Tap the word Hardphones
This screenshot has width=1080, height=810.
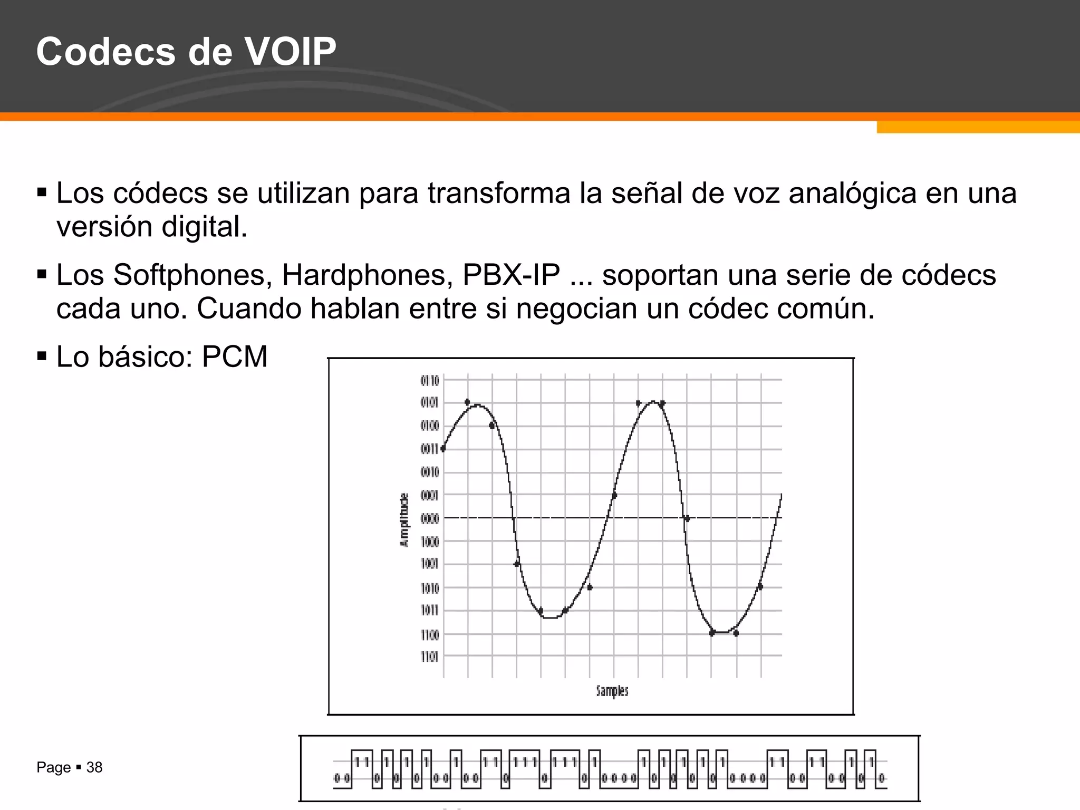(367, 275)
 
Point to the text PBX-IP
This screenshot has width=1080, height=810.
(511, 275)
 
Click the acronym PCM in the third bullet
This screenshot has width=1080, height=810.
(235, 357)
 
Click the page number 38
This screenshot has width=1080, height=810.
(94, 767)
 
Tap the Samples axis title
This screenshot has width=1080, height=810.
(612, 690)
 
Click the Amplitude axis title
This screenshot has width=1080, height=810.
(404, 520)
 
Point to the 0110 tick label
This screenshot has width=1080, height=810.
(430, 380)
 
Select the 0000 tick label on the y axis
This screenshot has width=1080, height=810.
(430, 519)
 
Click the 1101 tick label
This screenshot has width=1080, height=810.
(430, 657)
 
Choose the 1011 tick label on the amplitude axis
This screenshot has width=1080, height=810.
(430, 611)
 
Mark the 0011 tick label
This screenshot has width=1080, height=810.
(430, 449)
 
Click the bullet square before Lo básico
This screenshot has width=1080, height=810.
(42, 356)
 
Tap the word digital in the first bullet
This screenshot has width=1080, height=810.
(204, 227)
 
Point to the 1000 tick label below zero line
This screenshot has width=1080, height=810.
(430, 542)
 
